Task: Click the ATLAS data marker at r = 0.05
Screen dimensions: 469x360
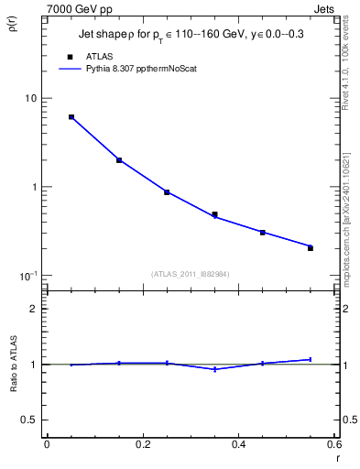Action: pos(71,117)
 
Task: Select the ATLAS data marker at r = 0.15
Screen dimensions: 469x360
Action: pos(119,160)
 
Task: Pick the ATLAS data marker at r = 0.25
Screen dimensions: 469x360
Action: pos(167,192)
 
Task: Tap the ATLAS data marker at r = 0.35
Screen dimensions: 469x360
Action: pos(214,214)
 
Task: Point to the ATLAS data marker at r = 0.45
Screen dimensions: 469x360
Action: pos(262,233)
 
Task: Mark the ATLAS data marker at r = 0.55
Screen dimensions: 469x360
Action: pos(310,248)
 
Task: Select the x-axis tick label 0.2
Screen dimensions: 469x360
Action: pos(142,444)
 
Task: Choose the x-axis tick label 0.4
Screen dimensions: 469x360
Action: pos(238,444)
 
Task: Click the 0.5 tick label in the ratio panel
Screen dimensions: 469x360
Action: pos(29,420)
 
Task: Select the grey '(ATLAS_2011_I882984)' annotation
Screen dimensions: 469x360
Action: pos(191,274)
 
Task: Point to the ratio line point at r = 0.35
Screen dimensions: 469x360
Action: pos(214,369)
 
